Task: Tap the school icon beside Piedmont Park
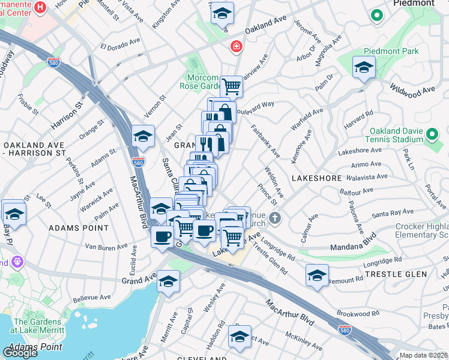[x=364, y=68]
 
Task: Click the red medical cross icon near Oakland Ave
[x=237, y=46]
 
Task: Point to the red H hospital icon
[x=40, y=7]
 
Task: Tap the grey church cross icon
[x=275, y=217]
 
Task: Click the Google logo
[x=20, y=352]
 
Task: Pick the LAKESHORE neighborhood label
[x=316, y=178]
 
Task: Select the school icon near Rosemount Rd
[x=316, y=275]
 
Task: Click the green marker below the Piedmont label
[x=376, y=15]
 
